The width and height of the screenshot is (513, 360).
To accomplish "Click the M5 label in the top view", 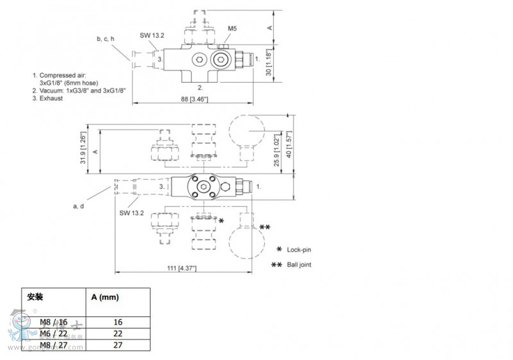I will coord(233,28).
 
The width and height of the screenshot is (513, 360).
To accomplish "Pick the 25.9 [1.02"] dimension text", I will coord(276,150).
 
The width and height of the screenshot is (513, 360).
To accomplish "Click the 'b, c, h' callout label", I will coord(105,39).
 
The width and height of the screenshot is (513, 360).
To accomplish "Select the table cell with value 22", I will coord(118,334).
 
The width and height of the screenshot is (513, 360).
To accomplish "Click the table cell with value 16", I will coord(118,322).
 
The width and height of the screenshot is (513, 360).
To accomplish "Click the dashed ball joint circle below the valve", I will coord(247,243).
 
